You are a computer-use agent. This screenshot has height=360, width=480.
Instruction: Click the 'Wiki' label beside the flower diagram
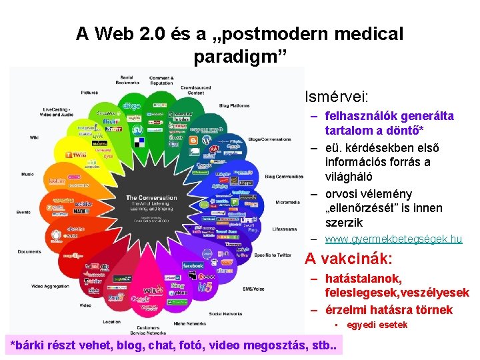35,137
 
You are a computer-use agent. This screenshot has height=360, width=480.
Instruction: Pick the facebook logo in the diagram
193,265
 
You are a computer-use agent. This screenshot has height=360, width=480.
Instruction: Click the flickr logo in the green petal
111,122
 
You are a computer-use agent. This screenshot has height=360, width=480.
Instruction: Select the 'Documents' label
29,251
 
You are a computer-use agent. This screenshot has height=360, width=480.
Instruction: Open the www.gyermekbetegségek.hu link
393,239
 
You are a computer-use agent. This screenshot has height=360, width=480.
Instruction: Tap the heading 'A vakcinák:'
348,259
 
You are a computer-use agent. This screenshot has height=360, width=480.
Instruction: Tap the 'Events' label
24,212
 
